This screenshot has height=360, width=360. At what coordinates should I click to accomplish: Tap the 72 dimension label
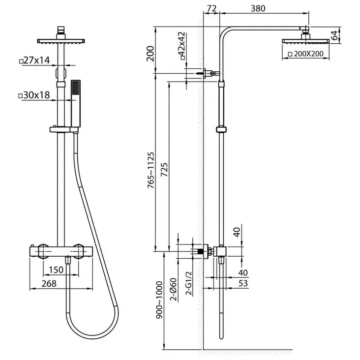point(212,8)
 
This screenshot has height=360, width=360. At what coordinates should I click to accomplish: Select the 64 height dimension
point(334,35)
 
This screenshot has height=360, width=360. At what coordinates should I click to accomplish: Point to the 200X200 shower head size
point(311,54)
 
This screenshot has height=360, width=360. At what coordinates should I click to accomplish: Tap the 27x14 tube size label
point(35,60)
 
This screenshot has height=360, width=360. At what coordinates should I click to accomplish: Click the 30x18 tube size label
point(35,95)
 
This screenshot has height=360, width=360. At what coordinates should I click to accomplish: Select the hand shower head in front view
point(75,98)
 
